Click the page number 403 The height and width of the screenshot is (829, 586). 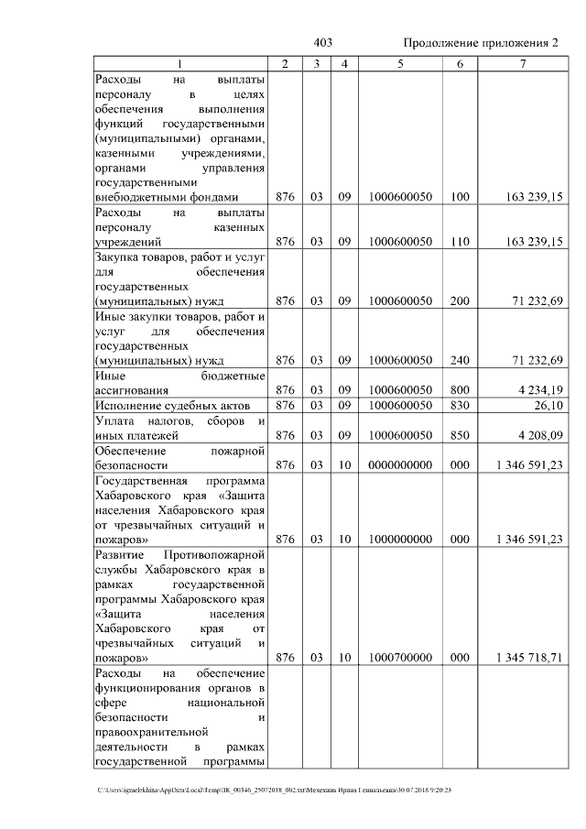[x=322, y=43]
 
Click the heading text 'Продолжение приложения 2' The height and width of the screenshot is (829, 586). [x=480, y=43]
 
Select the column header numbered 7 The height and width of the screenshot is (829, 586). [x=522, y=63]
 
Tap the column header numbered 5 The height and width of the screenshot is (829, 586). [x=400, y=63]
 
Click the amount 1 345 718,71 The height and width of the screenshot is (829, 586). [x=528, y=657]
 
